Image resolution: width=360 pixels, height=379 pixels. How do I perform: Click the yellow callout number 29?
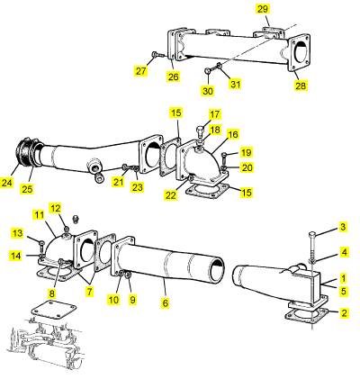tap(263, 9)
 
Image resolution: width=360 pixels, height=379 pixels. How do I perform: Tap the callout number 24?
tap(7, 183)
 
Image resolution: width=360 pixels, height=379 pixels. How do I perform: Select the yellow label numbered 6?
tap(166, 302)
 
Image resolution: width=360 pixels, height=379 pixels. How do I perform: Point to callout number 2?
tap(344, 313)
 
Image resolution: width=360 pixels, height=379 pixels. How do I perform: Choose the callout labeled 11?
tap(40, 215)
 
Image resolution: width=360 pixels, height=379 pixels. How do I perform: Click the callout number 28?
tap(301, 86)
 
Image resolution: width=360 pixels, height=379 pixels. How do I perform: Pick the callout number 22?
tap(171, 195)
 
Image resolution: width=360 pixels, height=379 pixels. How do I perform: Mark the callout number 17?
tap(214, 114)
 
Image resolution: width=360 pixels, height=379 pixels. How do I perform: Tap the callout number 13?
tap(18, 233)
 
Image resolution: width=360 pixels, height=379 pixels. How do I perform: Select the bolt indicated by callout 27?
tap(157, 55)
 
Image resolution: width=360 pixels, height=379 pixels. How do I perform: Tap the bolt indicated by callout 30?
tap(210, 70)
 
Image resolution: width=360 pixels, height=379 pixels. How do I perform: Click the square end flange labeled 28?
tap(300, 53)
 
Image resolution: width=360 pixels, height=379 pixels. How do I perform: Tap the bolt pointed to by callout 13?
tap(41, 246)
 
